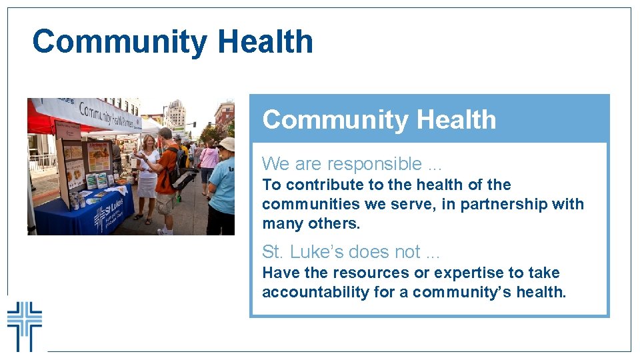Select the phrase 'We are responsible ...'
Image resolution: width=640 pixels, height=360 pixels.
point(351,163)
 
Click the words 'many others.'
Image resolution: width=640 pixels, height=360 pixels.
point(311,223)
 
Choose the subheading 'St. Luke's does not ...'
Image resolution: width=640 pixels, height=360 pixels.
point(351,251)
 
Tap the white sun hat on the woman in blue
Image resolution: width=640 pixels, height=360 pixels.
point(227,144)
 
